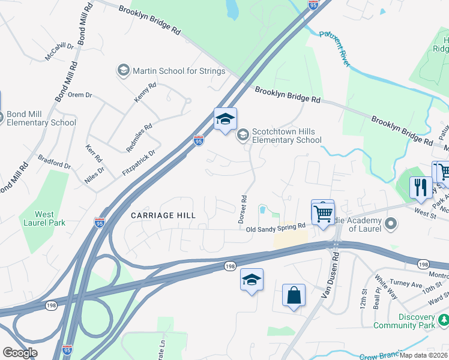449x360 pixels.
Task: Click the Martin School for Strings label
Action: pos(179,71)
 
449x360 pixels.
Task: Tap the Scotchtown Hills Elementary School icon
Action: pos(243,134)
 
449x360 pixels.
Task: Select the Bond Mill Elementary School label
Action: pos(41,118)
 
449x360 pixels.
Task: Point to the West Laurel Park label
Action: pos(44,218)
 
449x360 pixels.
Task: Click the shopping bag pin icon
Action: pos(294,296)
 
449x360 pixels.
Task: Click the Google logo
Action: pos(20,353)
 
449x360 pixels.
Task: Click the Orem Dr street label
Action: pos(80,95)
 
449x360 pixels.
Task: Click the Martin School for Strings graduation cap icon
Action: pos(124,71)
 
